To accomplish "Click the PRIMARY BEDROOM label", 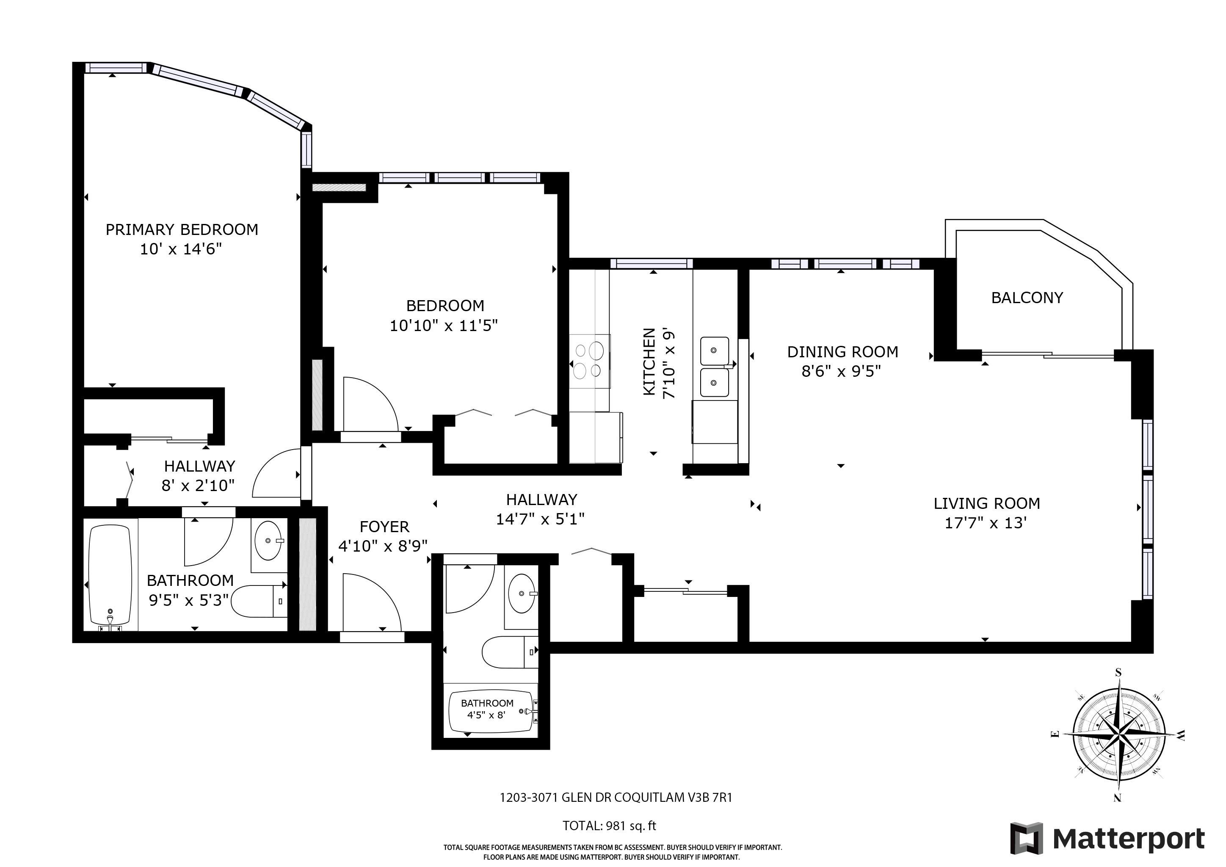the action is [x=182, y=229].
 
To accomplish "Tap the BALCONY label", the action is [x=1027, y=298].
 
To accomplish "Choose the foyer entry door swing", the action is [x=372, y=602].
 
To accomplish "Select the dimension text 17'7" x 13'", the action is [x=986, y=523].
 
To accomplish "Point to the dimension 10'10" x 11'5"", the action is [x=444, y=325].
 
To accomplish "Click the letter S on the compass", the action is [x=1118, y=673].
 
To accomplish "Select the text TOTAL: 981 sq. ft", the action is [x=609, y=826].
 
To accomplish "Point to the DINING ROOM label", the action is [x=842, y=352].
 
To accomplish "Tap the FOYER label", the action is [x=384, y=527].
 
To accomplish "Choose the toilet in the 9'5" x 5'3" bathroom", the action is [x=262, y=601].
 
